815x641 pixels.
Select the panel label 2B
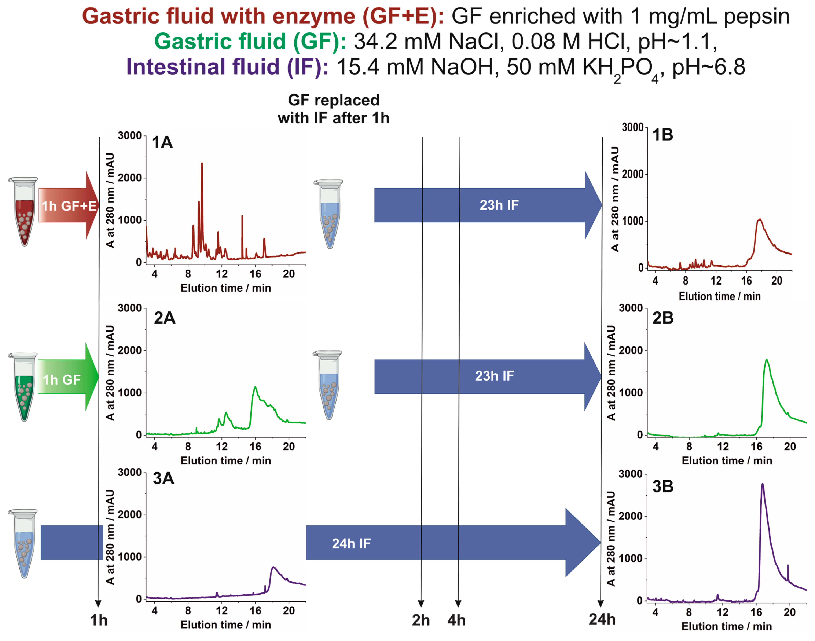point(663,318)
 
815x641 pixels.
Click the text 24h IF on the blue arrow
point(351,543)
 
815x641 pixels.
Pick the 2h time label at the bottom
point(421,620)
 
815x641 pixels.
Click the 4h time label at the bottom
point(456,620)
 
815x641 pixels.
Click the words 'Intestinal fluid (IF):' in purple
point(227,67)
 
